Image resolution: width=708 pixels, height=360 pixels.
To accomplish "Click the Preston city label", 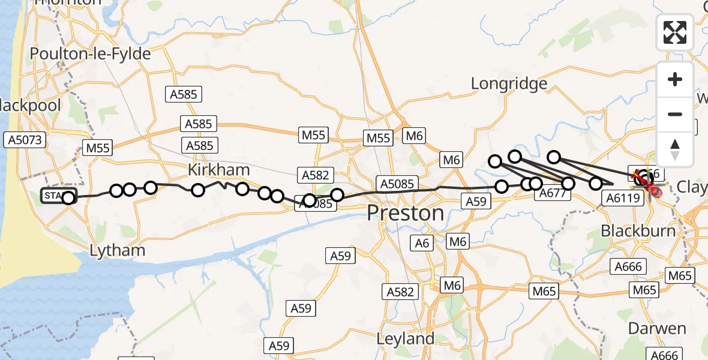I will click(x=405, y=213).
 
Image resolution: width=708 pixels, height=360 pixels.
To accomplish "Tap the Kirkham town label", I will click(x=218, y=170).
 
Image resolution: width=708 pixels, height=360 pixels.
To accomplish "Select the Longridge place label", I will click(x=509, y=83).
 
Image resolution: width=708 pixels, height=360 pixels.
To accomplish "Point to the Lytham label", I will click(x=118, y=250).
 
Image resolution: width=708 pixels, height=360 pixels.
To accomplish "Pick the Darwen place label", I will click(x=657, y=328).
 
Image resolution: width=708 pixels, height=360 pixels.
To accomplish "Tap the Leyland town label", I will click(x=405, y=338).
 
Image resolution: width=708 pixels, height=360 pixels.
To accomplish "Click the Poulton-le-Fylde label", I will click(x=90, y=54).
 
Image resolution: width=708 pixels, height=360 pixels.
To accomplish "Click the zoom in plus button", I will click(x=675, y=80).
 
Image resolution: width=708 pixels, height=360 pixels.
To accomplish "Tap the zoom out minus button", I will click(x=675, y=114).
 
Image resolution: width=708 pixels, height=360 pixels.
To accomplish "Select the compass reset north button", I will click(x=675, y=148).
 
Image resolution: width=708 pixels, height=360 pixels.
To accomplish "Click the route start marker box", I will click(x=58, y=196).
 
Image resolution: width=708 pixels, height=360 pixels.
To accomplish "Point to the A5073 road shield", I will click(x=24, y=140).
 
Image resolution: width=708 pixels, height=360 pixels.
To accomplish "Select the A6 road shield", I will click(x=423, y=242).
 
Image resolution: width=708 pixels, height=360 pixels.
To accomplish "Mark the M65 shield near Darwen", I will click(x=645, y=290).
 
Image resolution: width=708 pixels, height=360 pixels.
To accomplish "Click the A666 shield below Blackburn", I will click(x=628, y=266).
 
